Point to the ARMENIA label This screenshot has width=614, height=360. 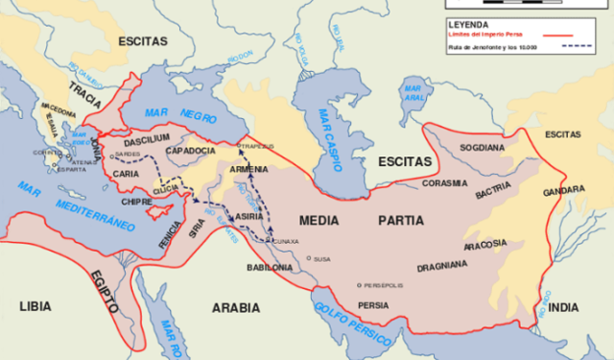(250, 169)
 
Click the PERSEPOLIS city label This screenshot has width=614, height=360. (384, 285)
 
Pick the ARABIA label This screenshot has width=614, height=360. (236, 307)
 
